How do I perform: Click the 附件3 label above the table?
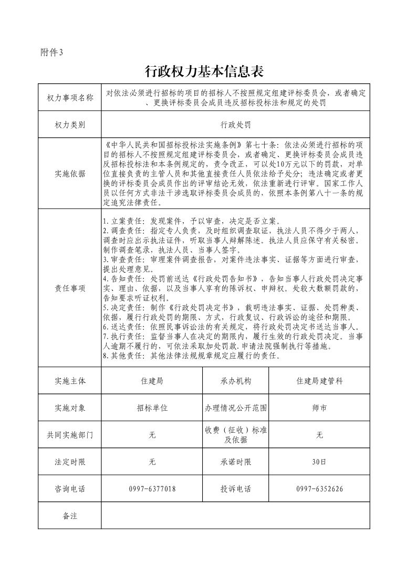(x=51, y=52)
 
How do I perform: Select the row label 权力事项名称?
(x=70, y=98)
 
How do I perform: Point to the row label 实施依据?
(x=70, y=174)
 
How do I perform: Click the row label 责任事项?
(x=70, y=288)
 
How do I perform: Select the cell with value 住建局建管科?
(x=319, y=381)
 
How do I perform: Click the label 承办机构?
(x=236, y=381)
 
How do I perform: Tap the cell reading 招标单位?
(x=152, y=408)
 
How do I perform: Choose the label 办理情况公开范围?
(x=236, y=408)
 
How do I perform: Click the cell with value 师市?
(x=319, y=408)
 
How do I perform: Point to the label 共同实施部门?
(x=70, y=435)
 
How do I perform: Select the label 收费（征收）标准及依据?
(x=236, y=435)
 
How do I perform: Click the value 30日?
(x=319, y=462)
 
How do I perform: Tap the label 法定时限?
(x=70, y=462)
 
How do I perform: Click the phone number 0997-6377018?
(x=152, y=489)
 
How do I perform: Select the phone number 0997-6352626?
(x=319, y=489)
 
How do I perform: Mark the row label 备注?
(x=70, y=516)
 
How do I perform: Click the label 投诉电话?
(x=236, y=489)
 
